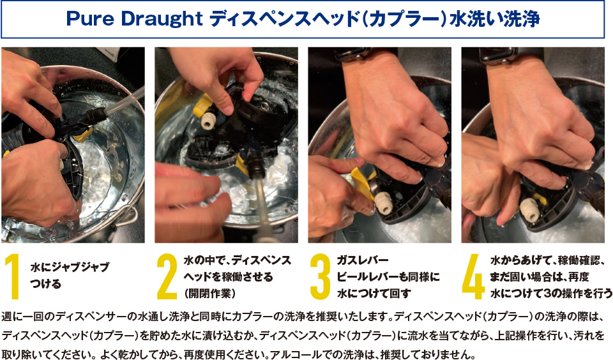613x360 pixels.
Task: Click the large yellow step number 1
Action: point(13,276)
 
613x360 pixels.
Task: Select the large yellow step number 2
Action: point(167,276)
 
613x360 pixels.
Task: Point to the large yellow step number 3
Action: point(320,276)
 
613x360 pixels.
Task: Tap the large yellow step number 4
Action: point(473,276)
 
